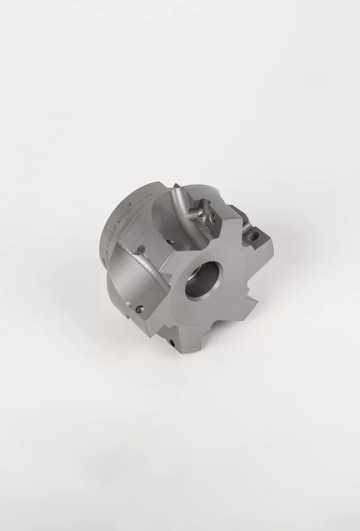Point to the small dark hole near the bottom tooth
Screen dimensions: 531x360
click(173, 343)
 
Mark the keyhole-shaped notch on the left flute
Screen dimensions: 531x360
click(140, 248)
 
